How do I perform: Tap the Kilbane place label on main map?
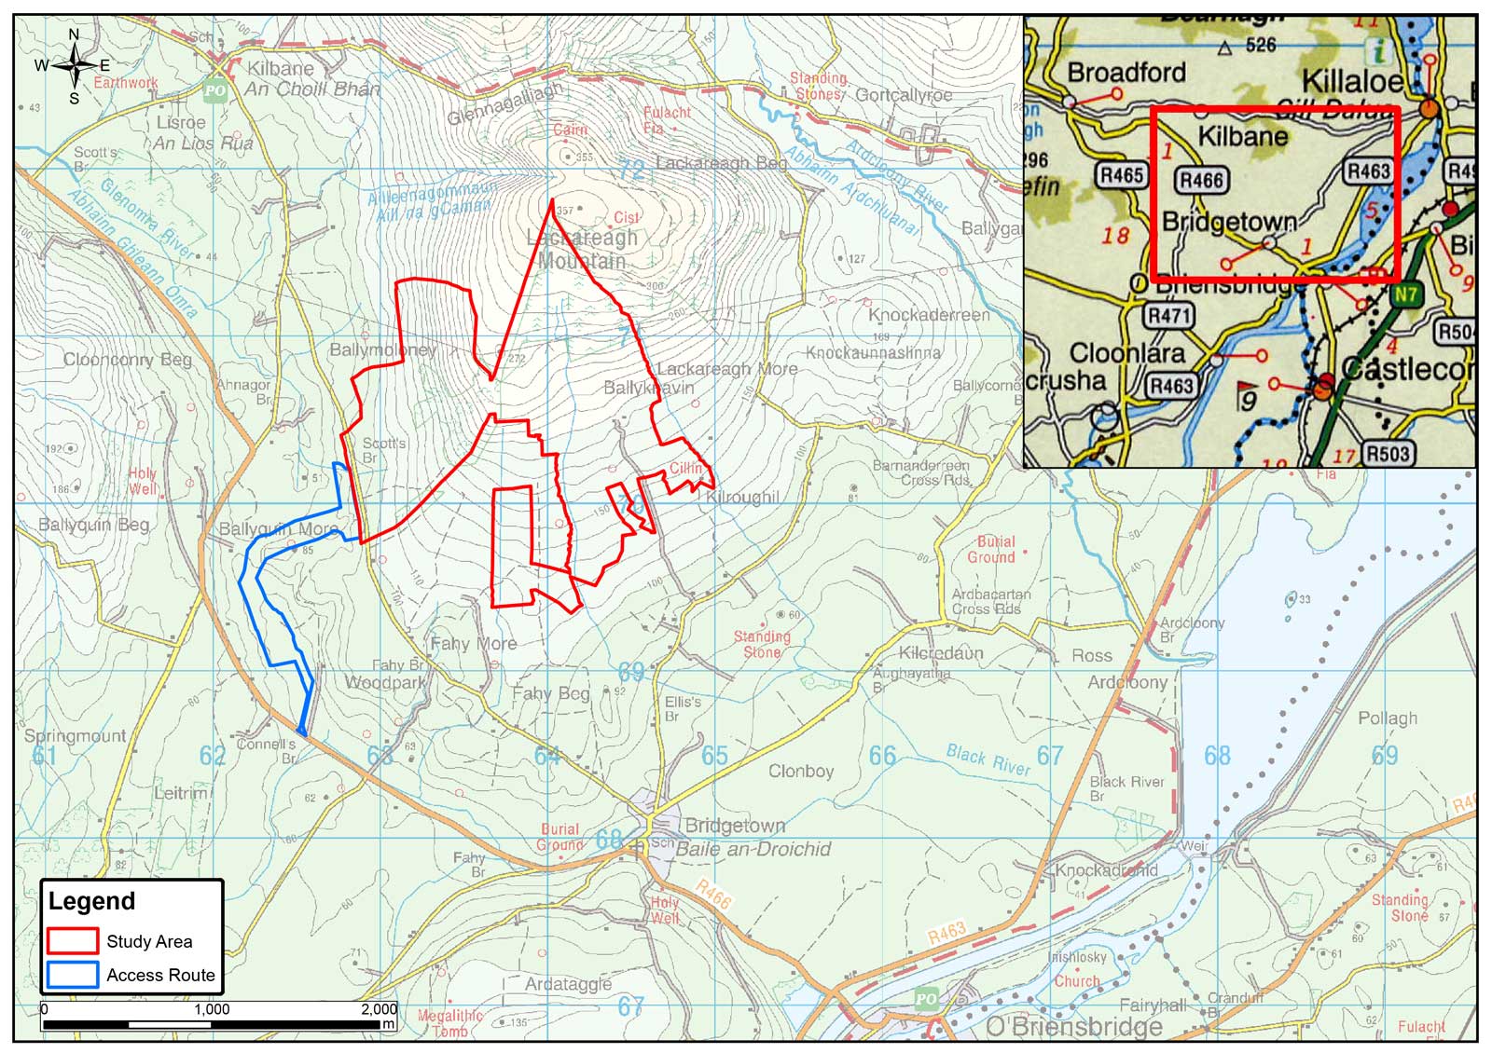pyautogui.click(x=281, y=68)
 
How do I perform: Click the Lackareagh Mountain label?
pyautogui.click(x=582, y=249)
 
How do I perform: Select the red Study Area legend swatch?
pyautogui.click(x=72, y=940)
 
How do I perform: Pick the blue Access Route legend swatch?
pyautogui.click(x=72, y=975)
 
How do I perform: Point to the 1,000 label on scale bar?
pyautogui.click(x=212, y=1009)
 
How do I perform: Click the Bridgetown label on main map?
pyautogui.click(x=735, y=826)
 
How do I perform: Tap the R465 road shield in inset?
pyautogui.click(x=1121, y=174)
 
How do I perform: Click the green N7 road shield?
pyautogui.click(x=1406, y=295)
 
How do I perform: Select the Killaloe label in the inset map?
pyautogui.click(x=1351, y=81)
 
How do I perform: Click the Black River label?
pyautogui.click(x=988, y=759)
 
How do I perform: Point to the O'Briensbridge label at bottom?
pyautogui.click(x=1074, y=1027)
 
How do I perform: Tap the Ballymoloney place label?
pyautogui.click(x=382, y=349)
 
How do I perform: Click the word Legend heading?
pyautogui.click(x=91, y=901)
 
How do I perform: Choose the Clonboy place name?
pyautogui.click(x=801, y=772)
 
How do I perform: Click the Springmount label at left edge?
pyautogui.click(x=75, y=735)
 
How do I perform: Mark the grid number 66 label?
pyautogui.click(x=882, y=756)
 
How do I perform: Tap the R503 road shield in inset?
pyautogui.click(x=1387, y=454)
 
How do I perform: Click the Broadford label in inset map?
pyautogui.click(x=1126, y=72)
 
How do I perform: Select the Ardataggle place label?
pyautogui.click(x=568, y=984)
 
